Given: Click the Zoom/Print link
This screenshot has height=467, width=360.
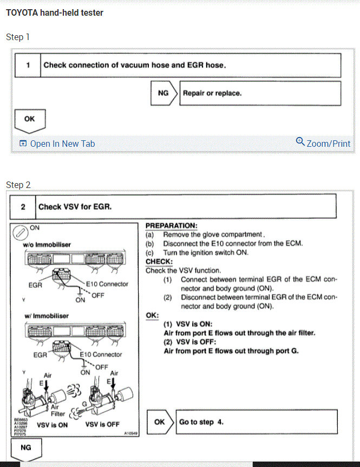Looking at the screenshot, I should click(x=323, y=143).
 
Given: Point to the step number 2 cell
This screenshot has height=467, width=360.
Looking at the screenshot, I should click(x=23, y=206).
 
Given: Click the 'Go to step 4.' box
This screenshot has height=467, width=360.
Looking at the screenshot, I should click(x=257, y=422).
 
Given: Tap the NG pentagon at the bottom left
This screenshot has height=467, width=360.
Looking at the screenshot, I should click(x=25, y=448).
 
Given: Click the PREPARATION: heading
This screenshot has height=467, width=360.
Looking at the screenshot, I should click(x=172, y=225).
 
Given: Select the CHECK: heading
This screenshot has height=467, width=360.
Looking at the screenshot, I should click(x=159, y=261).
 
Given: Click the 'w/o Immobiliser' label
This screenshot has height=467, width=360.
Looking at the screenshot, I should click(x=43, y=245).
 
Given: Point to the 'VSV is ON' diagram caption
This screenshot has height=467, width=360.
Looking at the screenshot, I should click(x=52, y=425).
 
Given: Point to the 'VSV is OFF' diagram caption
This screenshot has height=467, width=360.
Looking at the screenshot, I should click(x=102, y=424).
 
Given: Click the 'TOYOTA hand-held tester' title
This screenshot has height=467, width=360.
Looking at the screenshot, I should click(x=55, y=12).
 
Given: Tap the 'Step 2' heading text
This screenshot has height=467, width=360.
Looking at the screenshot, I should click(x=18, y=185).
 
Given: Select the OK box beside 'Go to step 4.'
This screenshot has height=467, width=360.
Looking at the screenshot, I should click(x=160, y=422).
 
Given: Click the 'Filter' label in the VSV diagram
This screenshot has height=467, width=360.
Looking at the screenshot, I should click(x=58, y=414).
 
